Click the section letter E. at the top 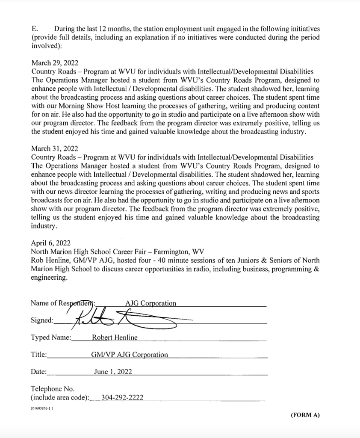coord(35,29)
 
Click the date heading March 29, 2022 coord(54,63)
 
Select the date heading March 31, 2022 coord(54,148)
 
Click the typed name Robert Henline coord(115,337)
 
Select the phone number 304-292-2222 coord(122,398)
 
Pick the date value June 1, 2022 coord(113,372)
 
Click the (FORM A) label coord(305,414)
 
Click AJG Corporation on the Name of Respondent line coord(150,303)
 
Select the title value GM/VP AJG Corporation coord(130,355)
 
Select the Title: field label coord(39,355)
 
